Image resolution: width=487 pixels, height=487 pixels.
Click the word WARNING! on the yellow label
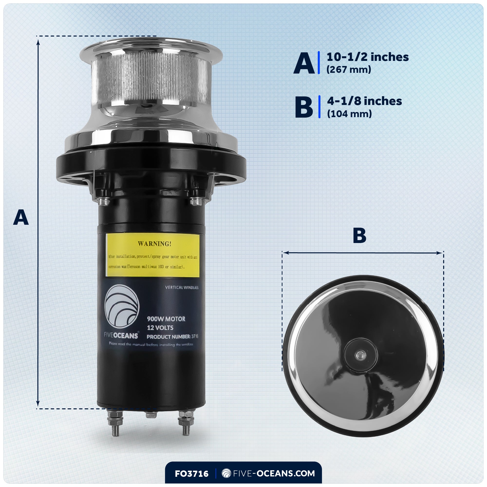pos(155,244)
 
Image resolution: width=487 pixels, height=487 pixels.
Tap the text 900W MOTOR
pos(166,319)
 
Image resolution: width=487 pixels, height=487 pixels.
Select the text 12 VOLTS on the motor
pos(160,328)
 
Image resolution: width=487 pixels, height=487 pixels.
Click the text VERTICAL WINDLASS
pos(182,287)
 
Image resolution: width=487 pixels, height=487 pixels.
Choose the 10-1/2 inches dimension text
pos(367,57)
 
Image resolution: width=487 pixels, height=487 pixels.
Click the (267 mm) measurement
pos(349,70)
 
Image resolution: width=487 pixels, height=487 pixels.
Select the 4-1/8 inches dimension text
pos(364,101)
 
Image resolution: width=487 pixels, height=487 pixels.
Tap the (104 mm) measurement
pos(349,114)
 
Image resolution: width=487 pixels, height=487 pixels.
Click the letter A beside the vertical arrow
pos(21,217)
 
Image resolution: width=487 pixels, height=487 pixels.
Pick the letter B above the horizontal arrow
pos(359,235)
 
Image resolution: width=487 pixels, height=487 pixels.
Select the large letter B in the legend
pos(304,107)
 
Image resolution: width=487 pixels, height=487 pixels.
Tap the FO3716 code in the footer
pos(192,474)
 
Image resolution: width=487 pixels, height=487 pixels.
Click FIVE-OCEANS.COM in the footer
pos(274,473)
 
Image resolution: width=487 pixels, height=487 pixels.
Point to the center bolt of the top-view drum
pos(360,356)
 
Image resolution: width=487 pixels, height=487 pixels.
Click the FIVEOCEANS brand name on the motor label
pos(121,336)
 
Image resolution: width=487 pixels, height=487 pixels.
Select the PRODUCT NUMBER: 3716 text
pos(172,337)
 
